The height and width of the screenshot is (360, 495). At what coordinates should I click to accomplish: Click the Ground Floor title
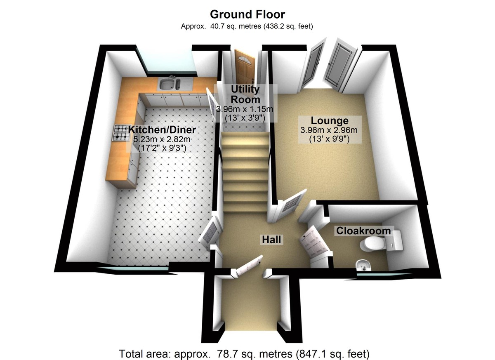coord(247,14)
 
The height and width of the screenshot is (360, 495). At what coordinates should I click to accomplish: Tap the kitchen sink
coord(170,84)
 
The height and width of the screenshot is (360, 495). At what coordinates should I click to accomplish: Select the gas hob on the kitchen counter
coord(121,133)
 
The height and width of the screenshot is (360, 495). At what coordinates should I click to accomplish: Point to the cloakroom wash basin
coord(363,264)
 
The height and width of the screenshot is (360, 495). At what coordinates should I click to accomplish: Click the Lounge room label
coord(329,121)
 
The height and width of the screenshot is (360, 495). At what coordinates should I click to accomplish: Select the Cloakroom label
coord(363,231)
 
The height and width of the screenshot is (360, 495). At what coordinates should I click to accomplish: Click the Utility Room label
coord(245,94)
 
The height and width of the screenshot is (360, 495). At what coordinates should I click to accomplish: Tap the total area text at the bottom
coord(244,353)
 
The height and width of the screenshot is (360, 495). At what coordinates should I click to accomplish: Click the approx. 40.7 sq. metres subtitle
coord(247,27)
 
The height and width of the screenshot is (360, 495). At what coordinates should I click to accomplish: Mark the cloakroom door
coord(314,241)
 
